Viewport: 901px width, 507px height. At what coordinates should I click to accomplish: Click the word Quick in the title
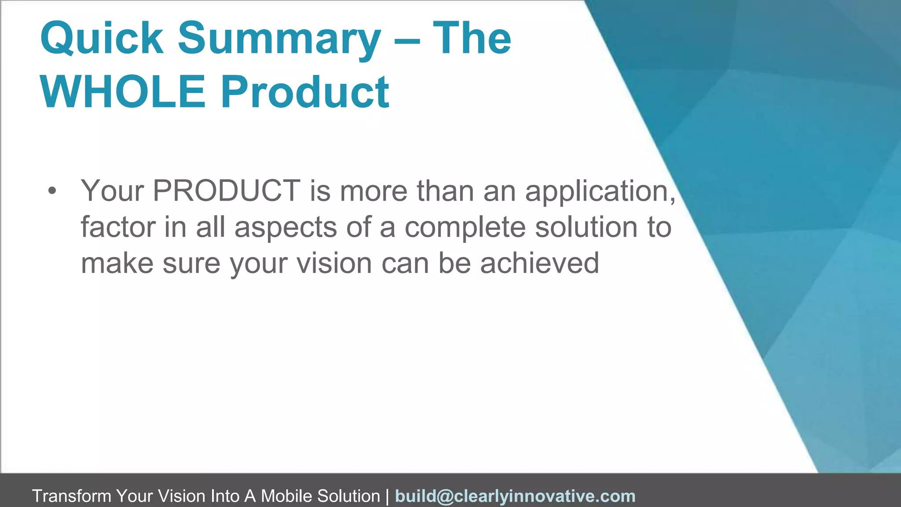click(x=102, y=38)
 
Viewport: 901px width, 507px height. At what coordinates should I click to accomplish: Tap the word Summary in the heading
click(x=279, y=38)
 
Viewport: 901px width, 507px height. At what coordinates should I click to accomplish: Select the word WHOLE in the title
click(x=123, y=92)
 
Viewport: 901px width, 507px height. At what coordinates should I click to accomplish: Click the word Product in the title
click(x=304, y=92)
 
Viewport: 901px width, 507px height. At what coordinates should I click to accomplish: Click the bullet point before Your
click(x=52, y=191)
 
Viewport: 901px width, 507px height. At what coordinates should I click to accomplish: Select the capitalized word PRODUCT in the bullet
click(x=226, y=191)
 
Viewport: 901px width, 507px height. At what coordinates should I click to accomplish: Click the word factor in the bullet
click(x=118, y=228)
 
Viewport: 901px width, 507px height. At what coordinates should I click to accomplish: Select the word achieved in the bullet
click(x=539, y=264)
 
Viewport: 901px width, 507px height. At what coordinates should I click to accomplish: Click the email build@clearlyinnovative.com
click(x=515, y=496)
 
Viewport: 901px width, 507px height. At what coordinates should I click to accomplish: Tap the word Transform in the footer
click(x=71, y=496)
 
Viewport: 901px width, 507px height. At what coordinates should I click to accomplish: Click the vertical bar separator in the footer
click(x=387, y=496)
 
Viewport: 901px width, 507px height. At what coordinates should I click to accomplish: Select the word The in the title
click(x=472, y=38)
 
